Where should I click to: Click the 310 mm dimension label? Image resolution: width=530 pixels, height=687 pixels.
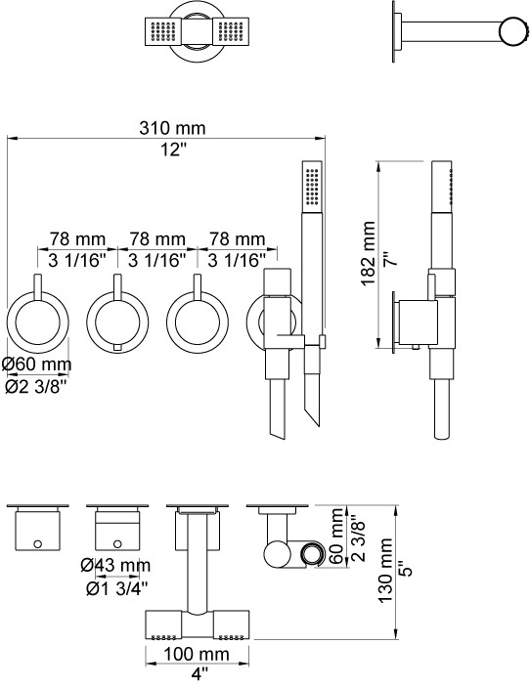pos(172,128)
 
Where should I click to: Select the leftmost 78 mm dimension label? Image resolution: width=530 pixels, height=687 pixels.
pos(77,239)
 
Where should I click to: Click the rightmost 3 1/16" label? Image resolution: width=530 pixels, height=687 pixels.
pos(237,261)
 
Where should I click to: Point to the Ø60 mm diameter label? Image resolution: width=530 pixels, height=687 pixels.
pos(37,365)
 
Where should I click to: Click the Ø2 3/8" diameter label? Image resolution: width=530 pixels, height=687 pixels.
pos(35,386)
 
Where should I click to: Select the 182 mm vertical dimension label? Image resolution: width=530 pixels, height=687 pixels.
pos(369,254)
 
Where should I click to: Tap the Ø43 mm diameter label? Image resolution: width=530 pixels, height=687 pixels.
pos(115,566)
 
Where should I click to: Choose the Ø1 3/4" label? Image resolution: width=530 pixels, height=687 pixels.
pos(117,589)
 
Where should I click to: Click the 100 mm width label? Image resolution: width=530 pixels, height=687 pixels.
pos(197,654)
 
